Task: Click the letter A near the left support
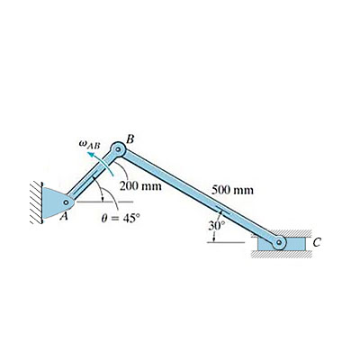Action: [64, 217]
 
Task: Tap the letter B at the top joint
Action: [130, 138]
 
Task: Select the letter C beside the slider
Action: [316, 243]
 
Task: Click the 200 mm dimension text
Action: [140, 187]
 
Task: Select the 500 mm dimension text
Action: [232, 191]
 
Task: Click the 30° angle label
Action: [215, 225]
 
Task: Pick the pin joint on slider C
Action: [280, 242]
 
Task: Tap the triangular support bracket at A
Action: [55, 202]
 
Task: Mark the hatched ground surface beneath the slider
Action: [279, 256]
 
